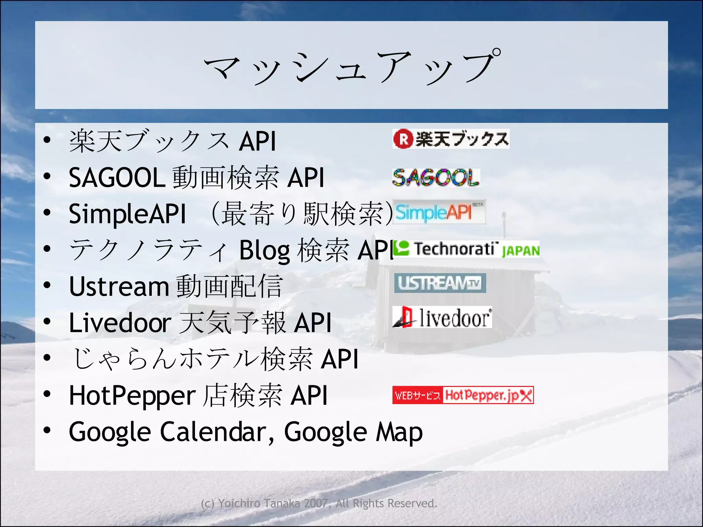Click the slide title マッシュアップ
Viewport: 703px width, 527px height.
click(x=351, y=66)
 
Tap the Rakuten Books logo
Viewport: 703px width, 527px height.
click(x=451, y=139)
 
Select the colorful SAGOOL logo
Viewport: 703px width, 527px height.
click(x=436, y=177)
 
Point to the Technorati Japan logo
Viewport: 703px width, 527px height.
click(x=466, y=249)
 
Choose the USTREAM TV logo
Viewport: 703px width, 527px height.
click(x=440, y=283)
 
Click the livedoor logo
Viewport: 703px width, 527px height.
click(x=442, y=317)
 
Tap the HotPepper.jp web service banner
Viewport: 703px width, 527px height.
click(x=463, y=395)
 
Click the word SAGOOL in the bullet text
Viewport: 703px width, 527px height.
click(x=117, y=178)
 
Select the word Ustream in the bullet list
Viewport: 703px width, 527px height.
click(x=119, y=286)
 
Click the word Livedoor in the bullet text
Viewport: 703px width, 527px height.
click(x=120, y=323)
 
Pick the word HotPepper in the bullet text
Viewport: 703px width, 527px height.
click(x=132, y=396)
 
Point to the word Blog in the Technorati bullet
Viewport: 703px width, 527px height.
click(x=264, y=250)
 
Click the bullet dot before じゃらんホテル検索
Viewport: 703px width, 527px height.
click(x=47, y=358)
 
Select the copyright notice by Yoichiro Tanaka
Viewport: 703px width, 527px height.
click(x=319, y=503)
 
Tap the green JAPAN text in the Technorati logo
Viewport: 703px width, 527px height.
click(x=520, y=251)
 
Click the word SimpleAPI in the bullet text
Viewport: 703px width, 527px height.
click(x=127, y=214)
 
